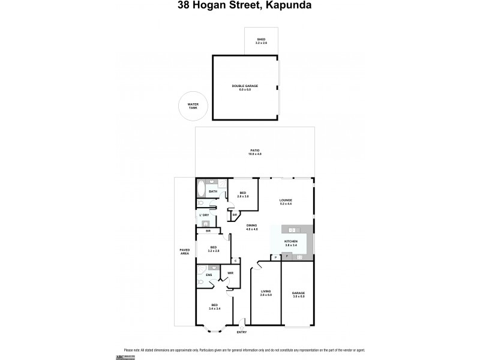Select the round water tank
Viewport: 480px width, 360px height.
point(193,106)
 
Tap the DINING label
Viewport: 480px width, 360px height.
point(252,227)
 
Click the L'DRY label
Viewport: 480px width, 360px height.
point(205,215)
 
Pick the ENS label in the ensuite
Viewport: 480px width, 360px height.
point(208,275)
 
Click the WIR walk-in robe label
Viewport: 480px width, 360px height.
point(230,273)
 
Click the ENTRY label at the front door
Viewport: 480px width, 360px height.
point(242,332)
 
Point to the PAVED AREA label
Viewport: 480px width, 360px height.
point(185,251)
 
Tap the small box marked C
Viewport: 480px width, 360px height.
point(236,260)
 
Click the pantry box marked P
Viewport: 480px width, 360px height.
point(275,257)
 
